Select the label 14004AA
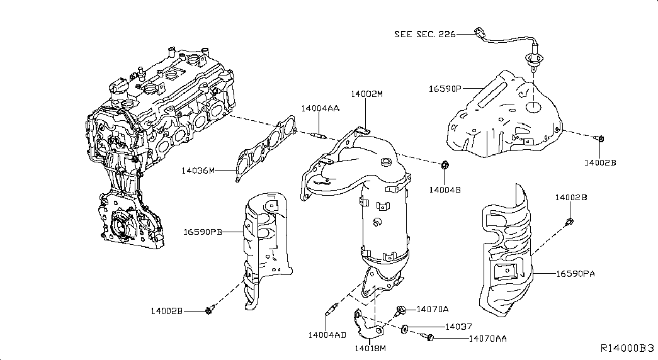click(320, 108)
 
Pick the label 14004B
click(445, 189)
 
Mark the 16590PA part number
click(576, 274)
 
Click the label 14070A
click(433, 309)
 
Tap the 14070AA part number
click(487, 339)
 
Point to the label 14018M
click(370, 348)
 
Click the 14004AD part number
click(327, 334)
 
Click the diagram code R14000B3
click(627, 348)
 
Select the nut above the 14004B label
click(445, 166)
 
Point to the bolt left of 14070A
click(400, 309)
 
